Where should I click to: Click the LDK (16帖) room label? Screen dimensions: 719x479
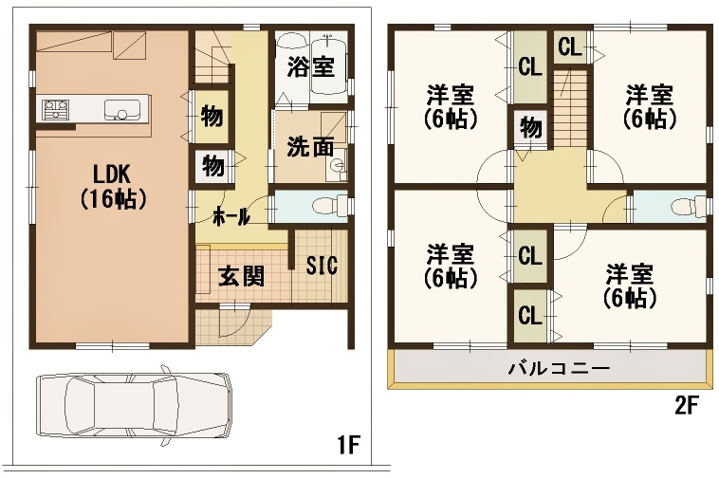pos(113,187)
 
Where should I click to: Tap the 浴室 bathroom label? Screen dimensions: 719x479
pos(311,67)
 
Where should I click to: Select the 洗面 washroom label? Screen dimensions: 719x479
pos(310,147)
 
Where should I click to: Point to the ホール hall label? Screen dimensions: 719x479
pos(231,216)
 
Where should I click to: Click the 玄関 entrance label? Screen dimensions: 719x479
pos(241,276)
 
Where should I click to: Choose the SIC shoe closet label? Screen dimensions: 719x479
pos(322,265)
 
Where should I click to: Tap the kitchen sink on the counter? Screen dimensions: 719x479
pos(121,110)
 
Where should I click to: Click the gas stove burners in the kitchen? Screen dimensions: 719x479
pos(55,110)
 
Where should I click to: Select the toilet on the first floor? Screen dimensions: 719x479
pos(331,205)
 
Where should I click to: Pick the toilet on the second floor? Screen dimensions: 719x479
pos(689,206)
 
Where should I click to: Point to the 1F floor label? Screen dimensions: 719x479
pos(348,445)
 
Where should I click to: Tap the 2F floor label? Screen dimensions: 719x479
pos(686,406)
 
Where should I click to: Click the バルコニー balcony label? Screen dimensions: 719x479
pos(560,368)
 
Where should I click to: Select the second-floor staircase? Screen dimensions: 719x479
pos(570,108)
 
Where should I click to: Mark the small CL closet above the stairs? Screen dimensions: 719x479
pos(570,47)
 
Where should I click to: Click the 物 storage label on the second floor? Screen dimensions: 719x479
pos(530,127)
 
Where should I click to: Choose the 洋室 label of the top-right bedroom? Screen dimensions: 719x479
pos(650,96)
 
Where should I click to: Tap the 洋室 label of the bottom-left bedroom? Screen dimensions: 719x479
pos(450,255)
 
